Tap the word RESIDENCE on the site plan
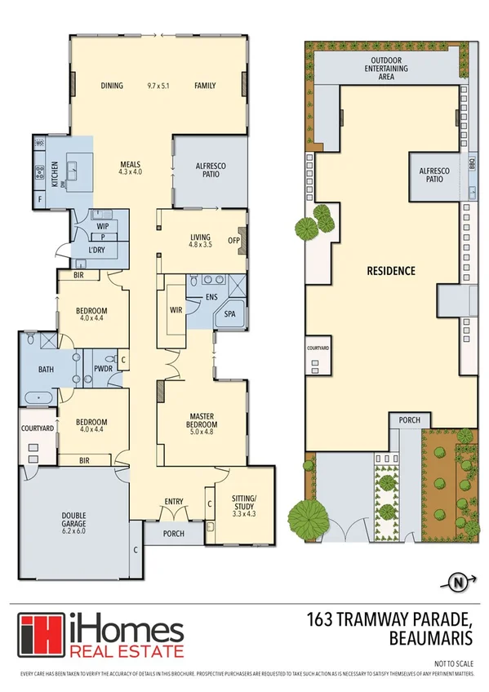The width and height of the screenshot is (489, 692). tap(390, 270)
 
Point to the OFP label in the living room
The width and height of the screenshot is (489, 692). tap(233, 240)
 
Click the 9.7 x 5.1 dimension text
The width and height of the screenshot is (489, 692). tap(160, 85)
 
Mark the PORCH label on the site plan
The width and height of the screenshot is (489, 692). tap(408, 419)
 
